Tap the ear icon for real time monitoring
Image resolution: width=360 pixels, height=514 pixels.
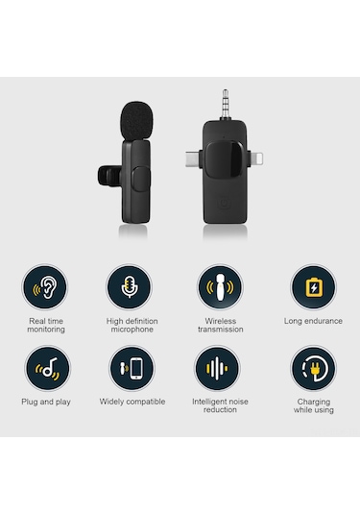coord(46,287)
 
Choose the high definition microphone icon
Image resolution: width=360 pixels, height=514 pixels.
coord(132,287)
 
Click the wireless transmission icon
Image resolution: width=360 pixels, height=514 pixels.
coord(220,287)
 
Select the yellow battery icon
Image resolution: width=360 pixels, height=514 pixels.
coord(313,287)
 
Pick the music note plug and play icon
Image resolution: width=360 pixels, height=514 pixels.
coord(46,369)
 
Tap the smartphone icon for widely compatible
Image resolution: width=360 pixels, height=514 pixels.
coord(132,369)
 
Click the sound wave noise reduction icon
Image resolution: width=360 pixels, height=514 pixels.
coord(220,369)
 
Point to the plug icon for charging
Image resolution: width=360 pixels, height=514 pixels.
coord(313,369)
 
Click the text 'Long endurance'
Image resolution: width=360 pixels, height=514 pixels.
coord(313,321)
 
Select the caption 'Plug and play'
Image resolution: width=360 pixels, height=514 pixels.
coord(46,402)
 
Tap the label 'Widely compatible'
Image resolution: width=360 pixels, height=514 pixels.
coord(132,402)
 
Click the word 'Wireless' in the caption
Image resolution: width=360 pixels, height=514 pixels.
coord(220,321)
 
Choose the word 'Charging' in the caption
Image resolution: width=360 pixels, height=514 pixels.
coord(313,402)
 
